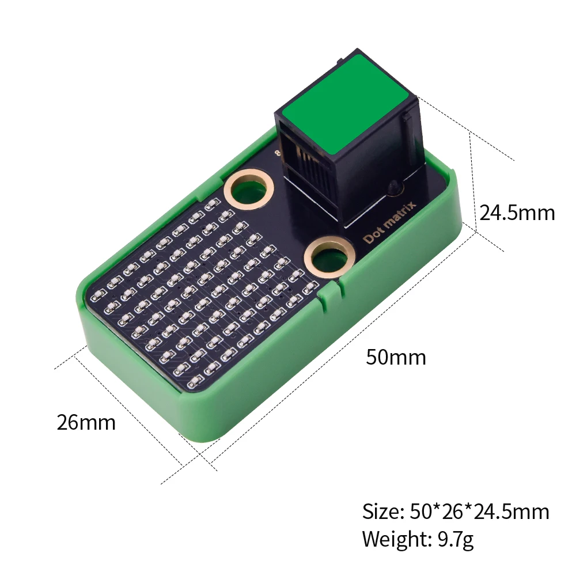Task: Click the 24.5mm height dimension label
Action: click(x=517, y=213)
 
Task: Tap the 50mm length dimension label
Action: click(x=396, y=358)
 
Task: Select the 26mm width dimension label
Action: click(x=86, y=423)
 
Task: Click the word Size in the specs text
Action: click(x=381, y=511)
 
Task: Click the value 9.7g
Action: click(x=456, y=540)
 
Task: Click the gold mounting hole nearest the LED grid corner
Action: click(x=248, y=188)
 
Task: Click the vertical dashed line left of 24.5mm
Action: click(x=472, y=179)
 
